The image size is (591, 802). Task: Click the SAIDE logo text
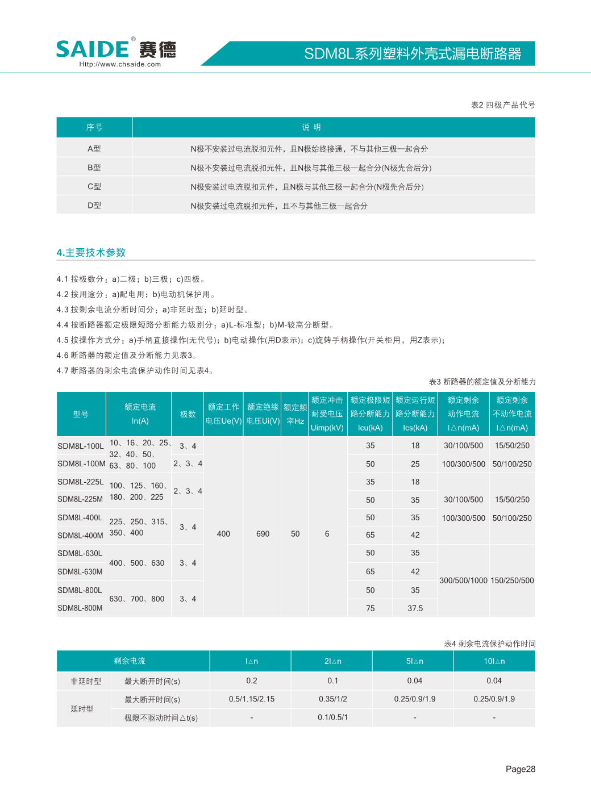93,49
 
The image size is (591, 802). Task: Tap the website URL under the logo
120,64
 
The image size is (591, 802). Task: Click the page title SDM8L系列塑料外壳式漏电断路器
413,53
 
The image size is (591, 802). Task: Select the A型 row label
94,149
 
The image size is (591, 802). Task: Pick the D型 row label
94,206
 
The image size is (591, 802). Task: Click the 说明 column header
311,127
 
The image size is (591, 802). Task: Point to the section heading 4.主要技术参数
91,253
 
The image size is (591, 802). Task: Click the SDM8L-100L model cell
81,446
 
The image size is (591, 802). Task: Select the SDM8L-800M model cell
80,608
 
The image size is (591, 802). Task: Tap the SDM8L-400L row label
80,517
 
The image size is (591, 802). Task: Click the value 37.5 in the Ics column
415,608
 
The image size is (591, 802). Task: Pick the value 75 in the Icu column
371,608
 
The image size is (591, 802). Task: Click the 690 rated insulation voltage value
263,534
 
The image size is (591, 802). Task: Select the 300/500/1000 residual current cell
464,580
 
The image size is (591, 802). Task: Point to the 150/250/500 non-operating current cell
512,580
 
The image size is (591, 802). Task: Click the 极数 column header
188,414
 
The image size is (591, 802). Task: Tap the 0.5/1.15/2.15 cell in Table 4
252,699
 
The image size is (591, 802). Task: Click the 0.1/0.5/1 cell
333,717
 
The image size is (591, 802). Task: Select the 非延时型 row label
86,681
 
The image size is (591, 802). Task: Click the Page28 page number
521,769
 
